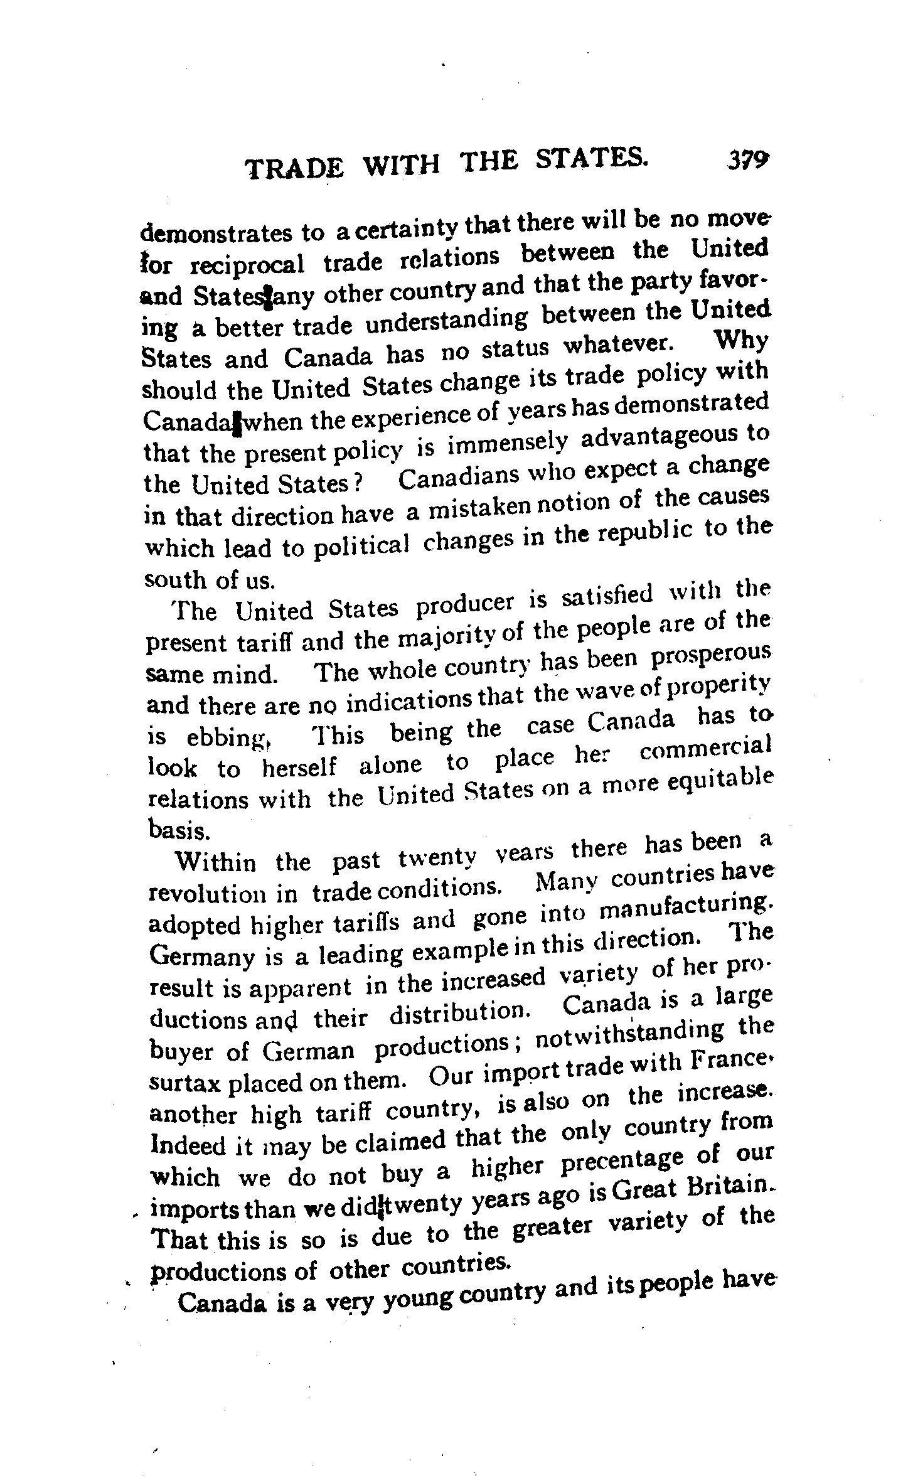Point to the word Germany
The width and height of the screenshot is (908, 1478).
point(200,957)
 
